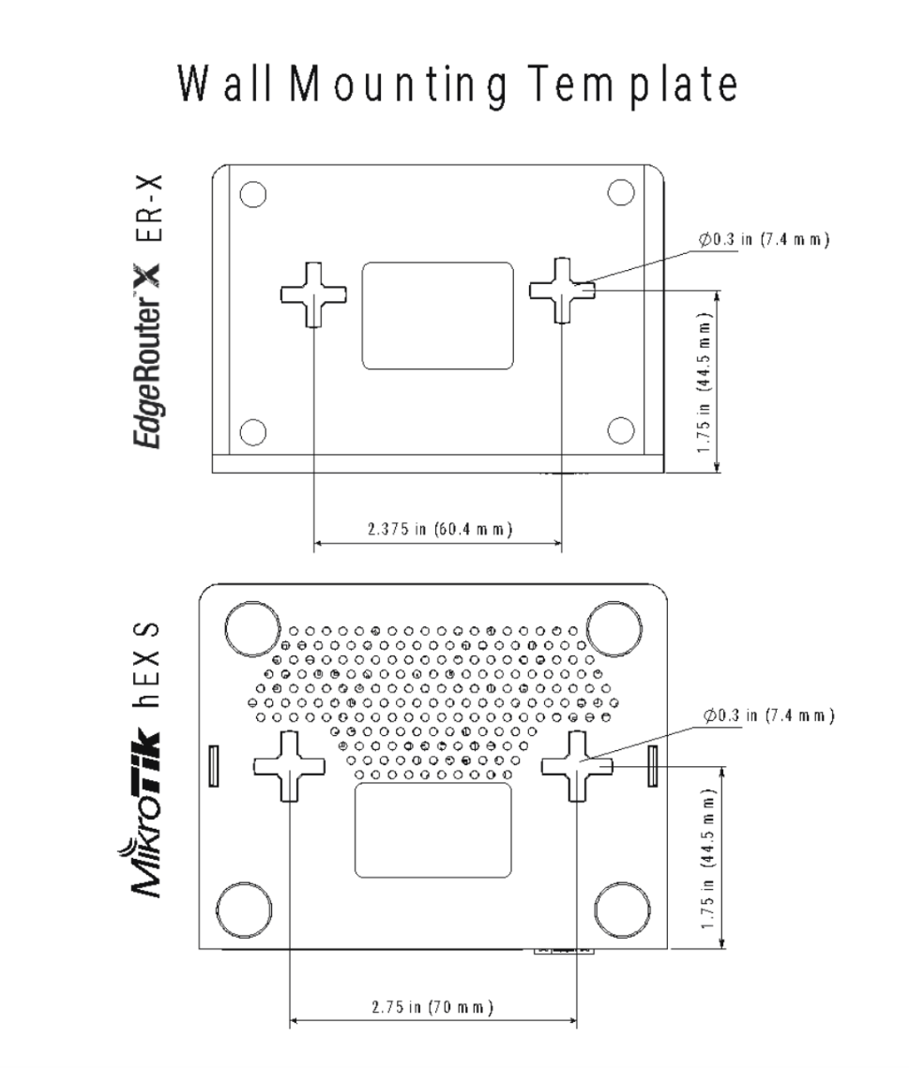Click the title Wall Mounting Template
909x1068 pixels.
click(457, 87)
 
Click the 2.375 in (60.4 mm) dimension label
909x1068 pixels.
click(438, 528)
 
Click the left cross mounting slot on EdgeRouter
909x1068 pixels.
click(313, 293)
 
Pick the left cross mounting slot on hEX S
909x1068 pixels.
click(289, 766)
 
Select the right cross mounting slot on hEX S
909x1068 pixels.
click(577, 766)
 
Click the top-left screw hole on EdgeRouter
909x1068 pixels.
click(251, 194)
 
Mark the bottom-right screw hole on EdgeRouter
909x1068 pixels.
click(621, 429)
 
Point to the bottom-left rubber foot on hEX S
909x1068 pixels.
click(244, 908)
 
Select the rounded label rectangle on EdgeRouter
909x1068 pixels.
click(438, 315)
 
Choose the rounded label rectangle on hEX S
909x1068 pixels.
click(432, 831)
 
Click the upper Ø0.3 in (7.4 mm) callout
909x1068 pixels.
click(764, 239)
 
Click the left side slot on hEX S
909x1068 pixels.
click(213, 765)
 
